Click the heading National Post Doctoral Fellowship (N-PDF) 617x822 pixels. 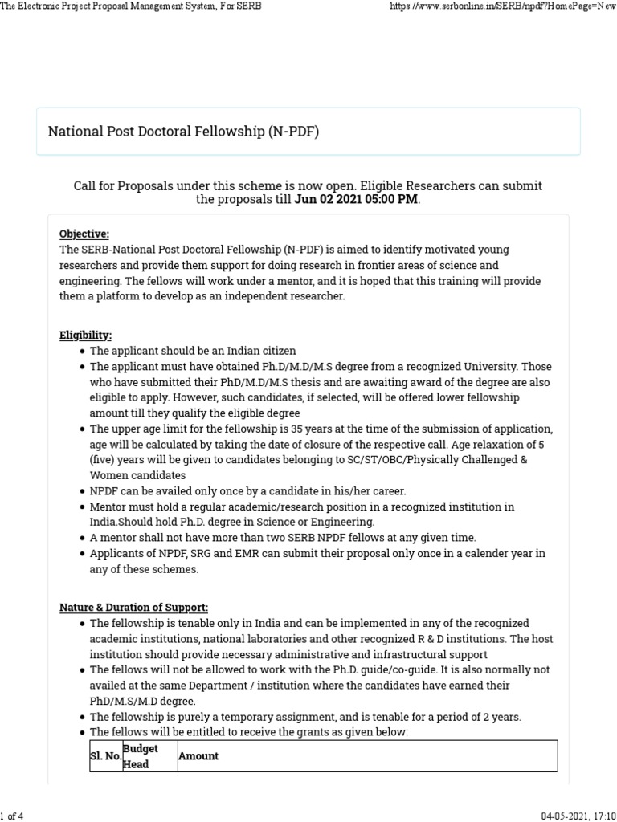tap(183, 131)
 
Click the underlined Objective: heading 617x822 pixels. tap(84, 234)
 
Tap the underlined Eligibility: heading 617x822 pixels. tap(86, 335)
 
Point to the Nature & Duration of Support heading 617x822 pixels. tap(133, 608)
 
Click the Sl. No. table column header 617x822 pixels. tap(105, 756)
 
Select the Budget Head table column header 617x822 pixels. tap(141, 756)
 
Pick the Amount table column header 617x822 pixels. tap(198, 756)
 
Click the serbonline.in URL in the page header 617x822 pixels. tap(502, 6)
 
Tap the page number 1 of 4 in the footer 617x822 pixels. tap(12, 816)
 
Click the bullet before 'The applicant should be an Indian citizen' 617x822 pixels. tap(83, 352)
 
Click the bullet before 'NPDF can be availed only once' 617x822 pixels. tap(83, 491)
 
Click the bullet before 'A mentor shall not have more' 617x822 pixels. tap(83, 538)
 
